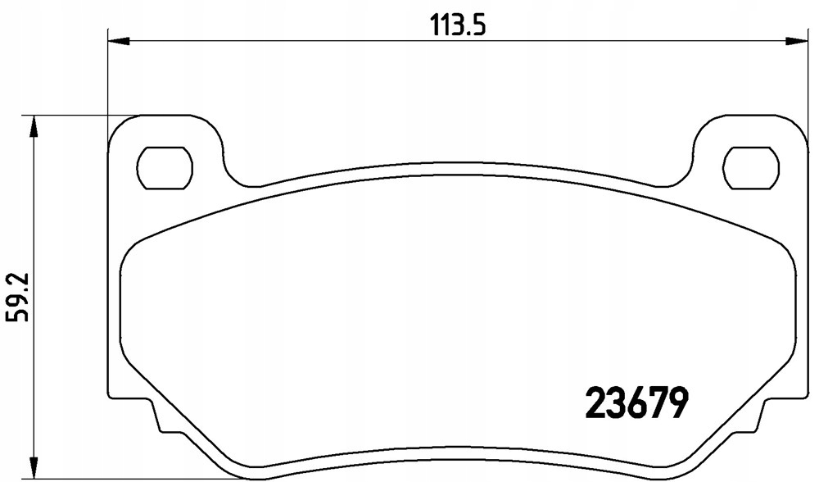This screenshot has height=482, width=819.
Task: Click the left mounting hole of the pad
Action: click(165, 167)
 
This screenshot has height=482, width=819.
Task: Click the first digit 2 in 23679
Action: click(594, 402)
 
